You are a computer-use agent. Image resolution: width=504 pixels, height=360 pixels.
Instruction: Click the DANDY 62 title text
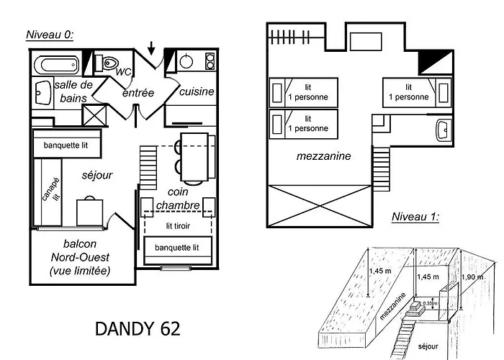[x=138, y=329]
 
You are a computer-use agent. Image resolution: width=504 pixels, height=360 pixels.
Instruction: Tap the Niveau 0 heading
[x=50, y=35]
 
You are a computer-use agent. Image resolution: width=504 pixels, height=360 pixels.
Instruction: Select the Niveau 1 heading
[x=415, y=217]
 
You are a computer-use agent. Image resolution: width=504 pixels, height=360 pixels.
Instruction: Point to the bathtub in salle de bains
[x=58, y=64]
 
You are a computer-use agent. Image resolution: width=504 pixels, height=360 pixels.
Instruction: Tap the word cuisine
[x=195, y=91]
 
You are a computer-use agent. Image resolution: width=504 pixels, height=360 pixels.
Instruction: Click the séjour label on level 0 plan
[x=96, y=175]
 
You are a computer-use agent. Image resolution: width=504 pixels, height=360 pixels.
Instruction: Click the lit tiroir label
[x=177, y=225]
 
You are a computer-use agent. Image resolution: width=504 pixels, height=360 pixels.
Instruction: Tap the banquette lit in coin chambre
[x=177, y=248]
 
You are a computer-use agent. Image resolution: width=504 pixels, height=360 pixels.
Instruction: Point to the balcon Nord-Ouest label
[x=80, y=257]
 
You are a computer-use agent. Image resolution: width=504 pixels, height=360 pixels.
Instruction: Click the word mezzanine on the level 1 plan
[x=319, y=156]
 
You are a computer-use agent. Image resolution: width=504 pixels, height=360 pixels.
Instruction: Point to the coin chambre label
[x=183, y=199]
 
